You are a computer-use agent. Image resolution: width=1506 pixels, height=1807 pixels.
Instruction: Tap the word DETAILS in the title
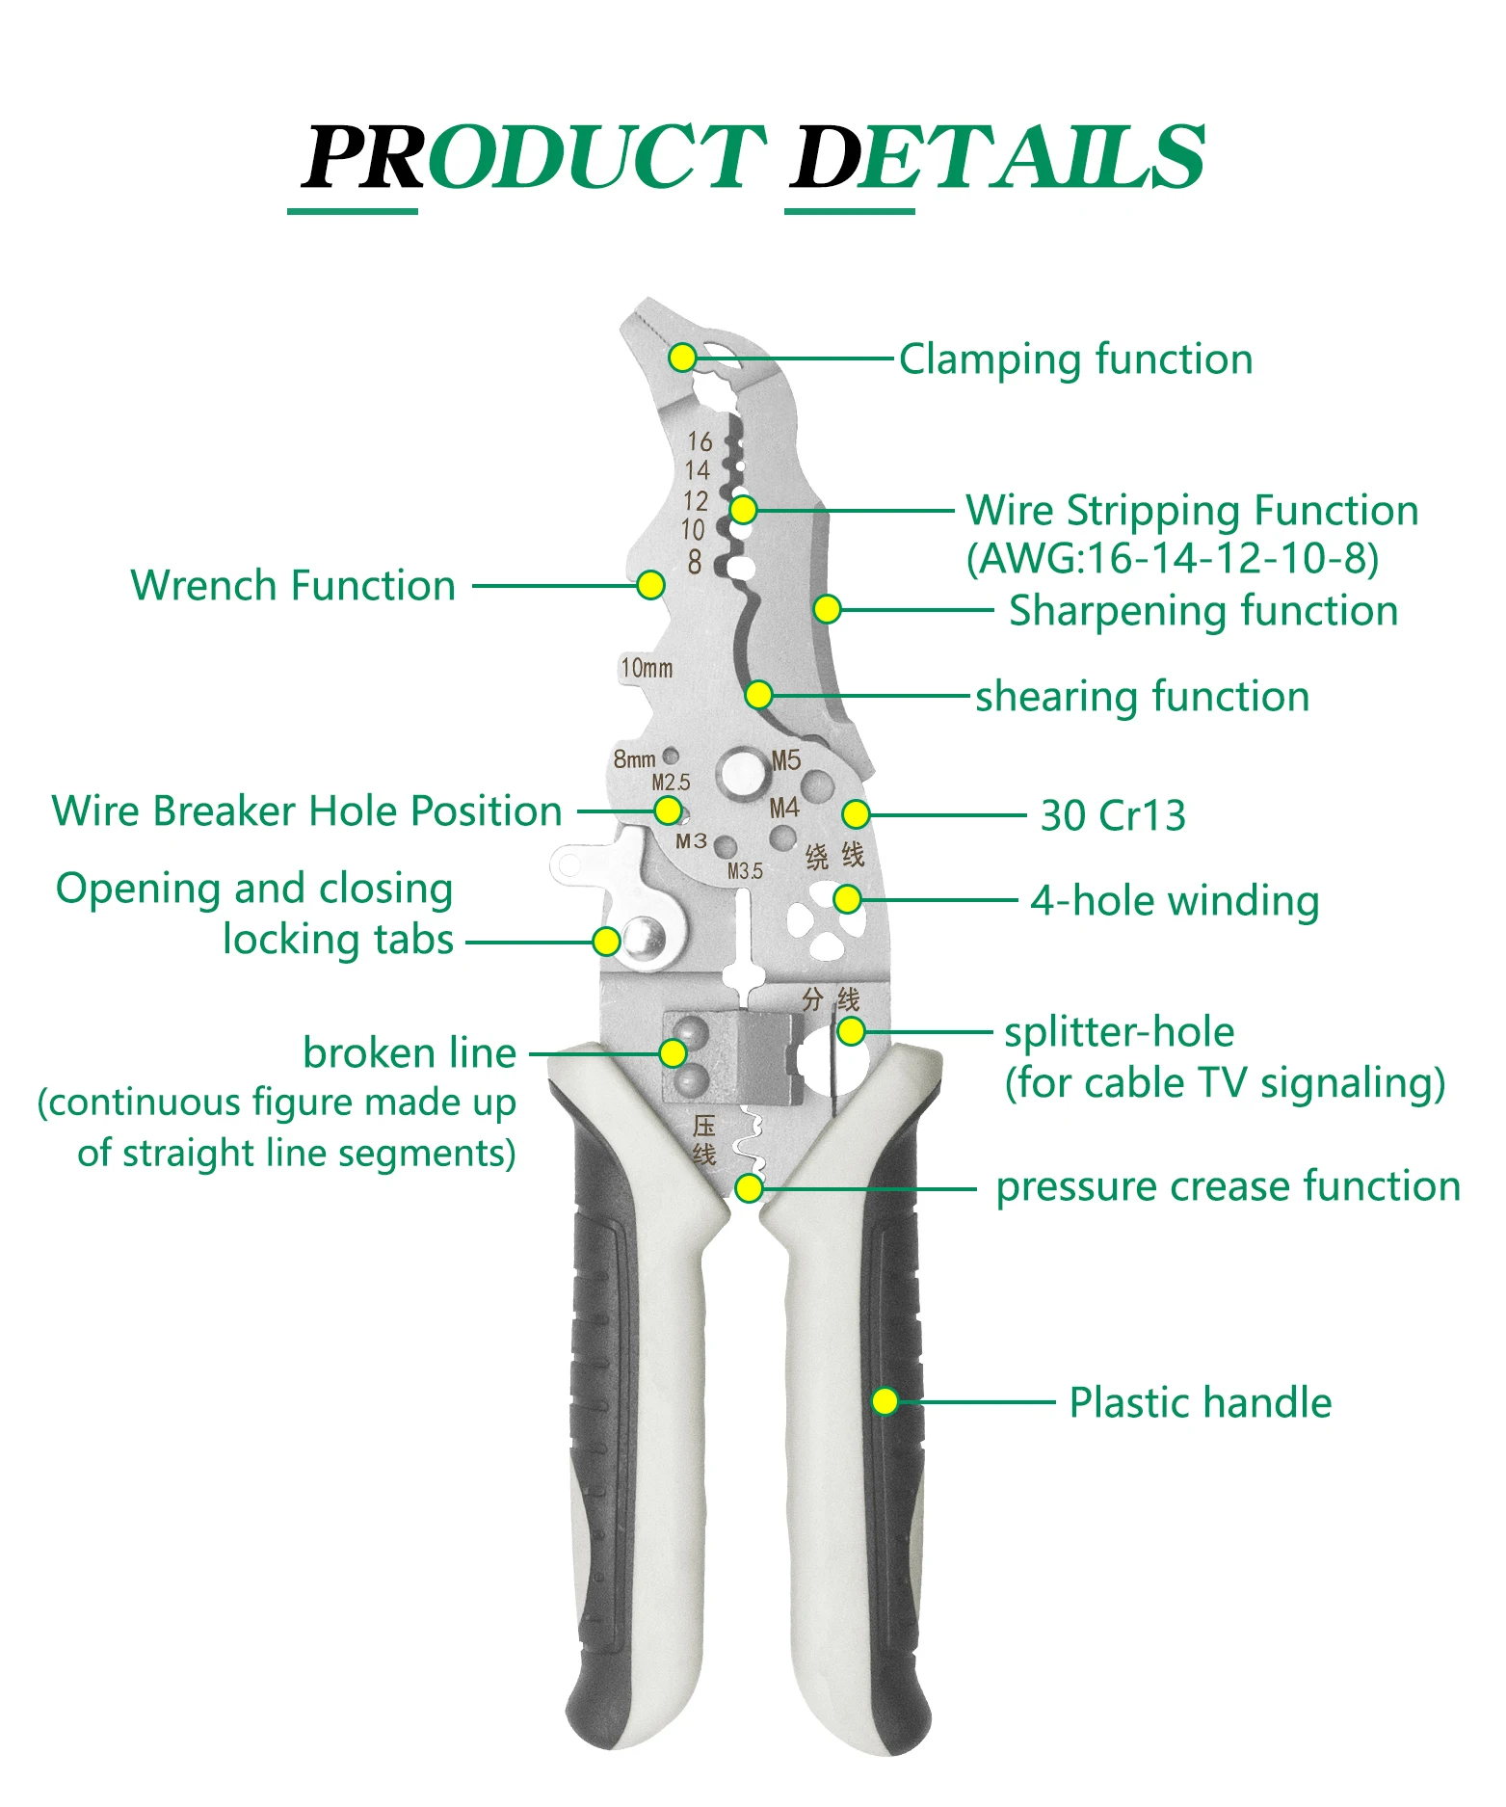pos(997,156)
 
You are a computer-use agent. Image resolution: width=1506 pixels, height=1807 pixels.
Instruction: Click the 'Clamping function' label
pos(1075,359)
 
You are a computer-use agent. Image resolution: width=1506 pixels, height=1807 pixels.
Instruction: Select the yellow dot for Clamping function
pos(682,358)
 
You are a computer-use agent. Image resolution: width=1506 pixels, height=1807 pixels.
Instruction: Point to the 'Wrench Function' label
pos(293,585)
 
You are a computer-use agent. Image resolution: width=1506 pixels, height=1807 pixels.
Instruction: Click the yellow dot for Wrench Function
pos(651,585)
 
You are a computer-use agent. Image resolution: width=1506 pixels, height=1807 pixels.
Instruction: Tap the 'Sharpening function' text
pos(1202,610)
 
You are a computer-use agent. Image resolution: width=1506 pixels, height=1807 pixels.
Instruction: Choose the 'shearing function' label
pos(1142,696)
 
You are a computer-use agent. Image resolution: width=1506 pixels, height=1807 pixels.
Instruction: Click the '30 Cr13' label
pos(1112,815)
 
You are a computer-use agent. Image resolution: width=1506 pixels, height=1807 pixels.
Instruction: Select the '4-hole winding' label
pos(1174,901)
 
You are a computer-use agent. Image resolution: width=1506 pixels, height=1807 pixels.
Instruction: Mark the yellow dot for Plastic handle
pos(885,1400)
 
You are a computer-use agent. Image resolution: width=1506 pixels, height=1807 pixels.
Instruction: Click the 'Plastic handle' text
pos(1200,1402)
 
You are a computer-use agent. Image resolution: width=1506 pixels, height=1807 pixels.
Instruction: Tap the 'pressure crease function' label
pos(1228,1186)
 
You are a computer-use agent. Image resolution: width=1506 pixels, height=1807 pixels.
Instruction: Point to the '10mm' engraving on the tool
pos(647,668)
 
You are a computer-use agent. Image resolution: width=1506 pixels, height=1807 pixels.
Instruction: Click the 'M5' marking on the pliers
pos(786,760)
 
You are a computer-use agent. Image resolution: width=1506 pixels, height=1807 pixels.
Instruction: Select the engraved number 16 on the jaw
pos(700,441)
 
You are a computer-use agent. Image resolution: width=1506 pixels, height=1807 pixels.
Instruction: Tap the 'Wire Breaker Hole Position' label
pos(306,810)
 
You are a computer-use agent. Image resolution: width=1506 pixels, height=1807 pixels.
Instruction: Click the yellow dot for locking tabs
pos(606,941)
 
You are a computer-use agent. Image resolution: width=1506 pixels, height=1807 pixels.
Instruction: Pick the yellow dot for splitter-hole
pos(851,1031)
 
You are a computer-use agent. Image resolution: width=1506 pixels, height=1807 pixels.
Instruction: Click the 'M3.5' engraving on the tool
pos(745,871)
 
